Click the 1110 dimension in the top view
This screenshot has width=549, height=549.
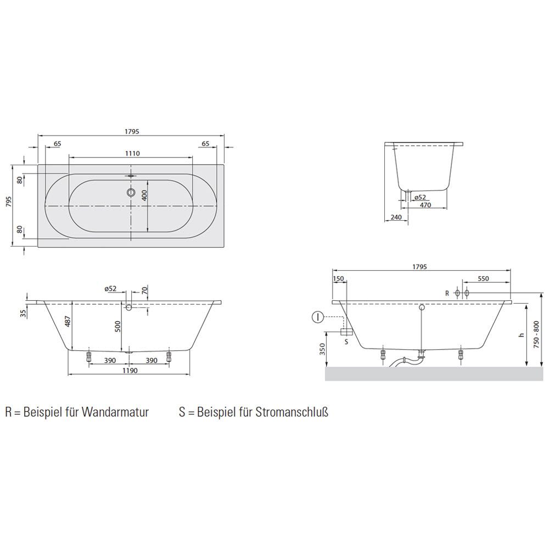[132, 153]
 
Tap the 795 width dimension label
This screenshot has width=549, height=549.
[9, 202]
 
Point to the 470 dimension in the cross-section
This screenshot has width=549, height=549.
[425, 205]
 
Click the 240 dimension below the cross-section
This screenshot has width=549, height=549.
[396, 217]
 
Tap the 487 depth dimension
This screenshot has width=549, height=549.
[68, 321]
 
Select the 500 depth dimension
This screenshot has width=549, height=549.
[117, 326]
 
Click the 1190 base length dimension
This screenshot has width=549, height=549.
[130, 371]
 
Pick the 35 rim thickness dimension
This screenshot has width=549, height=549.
[23, 313]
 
